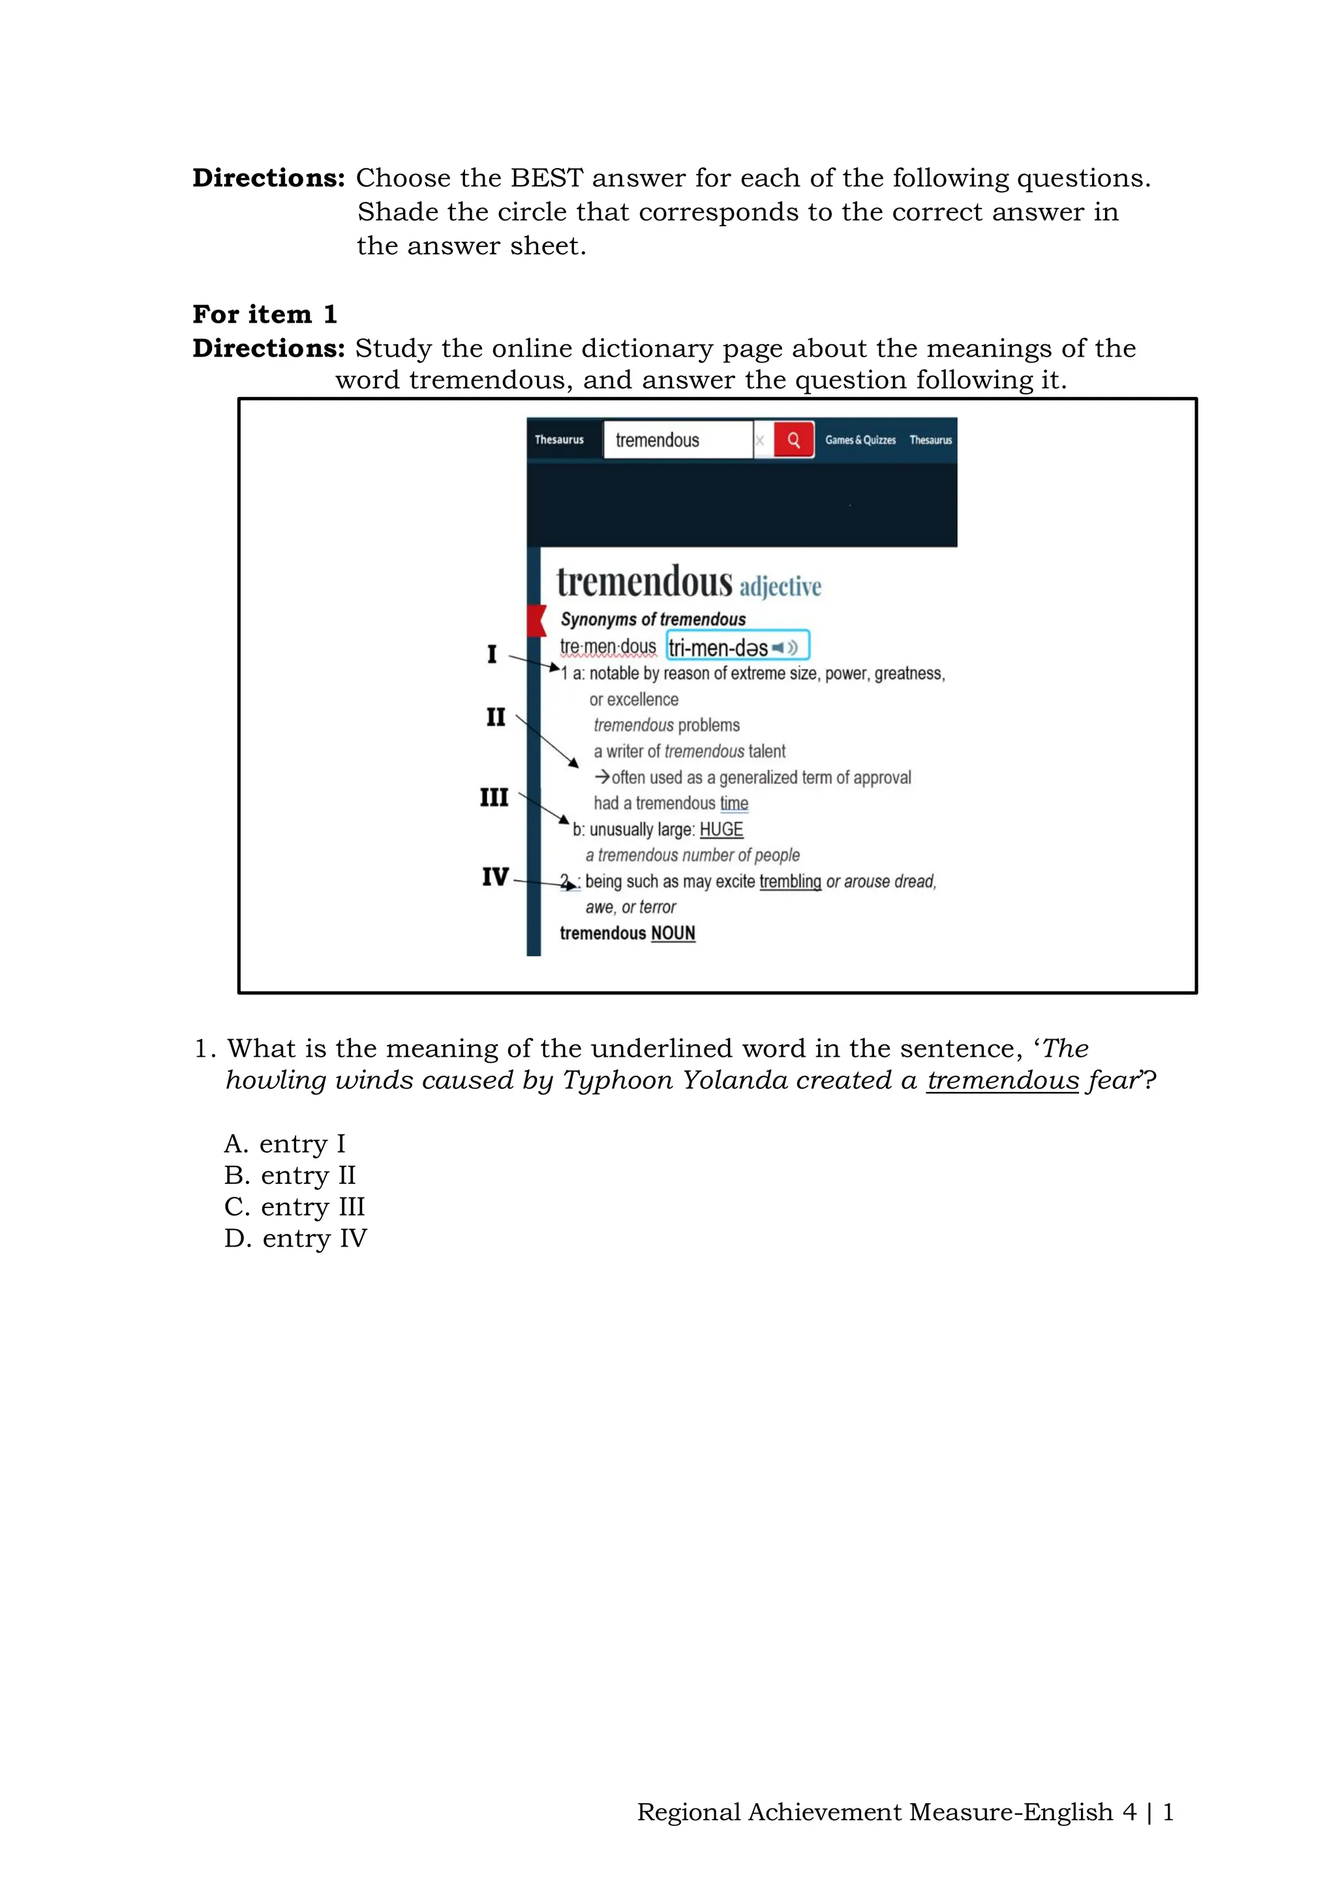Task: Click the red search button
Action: click(x=793, y=440)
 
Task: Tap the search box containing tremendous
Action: click(x=678, y=440)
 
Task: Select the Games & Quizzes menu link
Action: click(x=860, y=440)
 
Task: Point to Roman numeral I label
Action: click(x=492, y=655)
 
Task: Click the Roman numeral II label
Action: click(x=495, y=717)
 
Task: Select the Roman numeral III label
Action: click(x=494, y=797)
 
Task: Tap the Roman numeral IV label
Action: click(x=495, y=877)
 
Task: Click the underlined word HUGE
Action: click(x=721, y=830)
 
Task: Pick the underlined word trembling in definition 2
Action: click(x=790, y=881)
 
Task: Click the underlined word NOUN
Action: click(x=673, y=934)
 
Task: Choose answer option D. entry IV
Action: click(x=296, y=1239)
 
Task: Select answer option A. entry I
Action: click(x=284, y=1144)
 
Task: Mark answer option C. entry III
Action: click(x=294, y=1207)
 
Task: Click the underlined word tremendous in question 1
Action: click(x=1002, y=1080)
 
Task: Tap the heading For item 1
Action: click(x=264, y=314)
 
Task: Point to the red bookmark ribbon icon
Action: click(x=536, y=620)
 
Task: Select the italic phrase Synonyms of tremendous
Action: click(x=652, y=619)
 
